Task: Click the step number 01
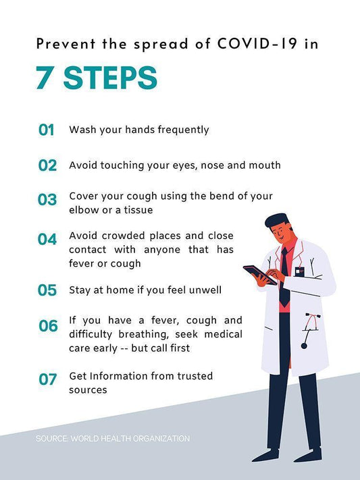coord(46,130)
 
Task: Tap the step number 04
coord(47,239)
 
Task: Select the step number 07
coord(48,379)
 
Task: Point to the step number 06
coord(48,325)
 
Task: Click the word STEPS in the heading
coord(110,78)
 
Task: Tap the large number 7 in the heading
coord(44,78)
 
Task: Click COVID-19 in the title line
coord(257,43)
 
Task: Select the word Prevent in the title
coord(66,44)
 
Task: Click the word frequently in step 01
coord(183,130)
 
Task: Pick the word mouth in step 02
coord(265,165)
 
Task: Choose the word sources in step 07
coord(88,390)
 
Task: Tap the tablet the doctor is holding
coord(260,275)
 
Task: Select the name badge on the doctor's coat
coord(300,271)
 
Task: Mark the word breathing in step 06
coord(144,334)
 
